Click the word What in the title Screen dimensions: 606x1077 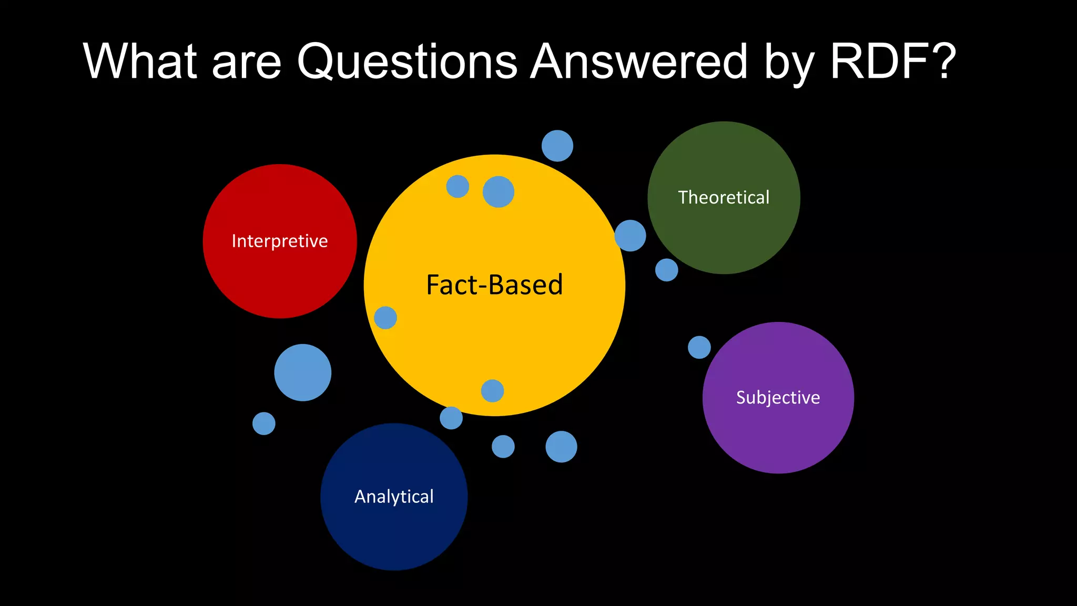(x=140, y=62)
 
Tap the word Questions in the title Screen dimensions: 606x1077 (x=407, y=62)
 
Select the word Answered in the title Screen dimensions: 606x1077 (x=638, y=62)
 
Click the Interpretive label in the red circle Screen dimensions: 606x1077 (x=280, y=241)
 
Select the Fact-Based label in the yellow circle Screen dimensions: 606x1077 (x=494, y=285)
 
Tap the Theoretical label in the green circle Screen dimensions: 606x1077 (x=724, y=197)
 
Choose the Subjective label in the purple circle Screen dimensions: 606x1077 (x=778, y=397)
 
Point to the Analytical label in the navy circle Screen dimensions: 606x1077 (x=394, y=497)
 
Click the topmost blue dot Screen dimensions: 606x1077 (x=557, y=146)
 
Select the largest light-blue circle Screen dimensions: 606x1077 (x=303, y=372)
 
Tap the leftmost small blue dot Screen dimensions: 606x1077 (x=264, y=423)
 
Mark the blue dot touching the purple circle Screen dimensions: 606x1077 (x=699, y=347)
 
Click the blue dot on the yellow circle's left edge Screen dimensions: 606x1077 (x=385, y=318)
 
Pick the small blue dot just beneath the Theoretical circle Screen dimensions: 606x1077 (x=667, y=270)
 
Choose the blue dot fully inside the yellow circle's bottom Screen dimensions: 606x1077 (x=493, y=391)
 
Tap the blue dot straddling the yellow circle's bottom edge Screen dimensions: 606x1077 (x=451, y=418)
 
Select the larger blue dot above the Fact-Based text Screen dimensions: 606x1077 (x=499, y=191)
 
